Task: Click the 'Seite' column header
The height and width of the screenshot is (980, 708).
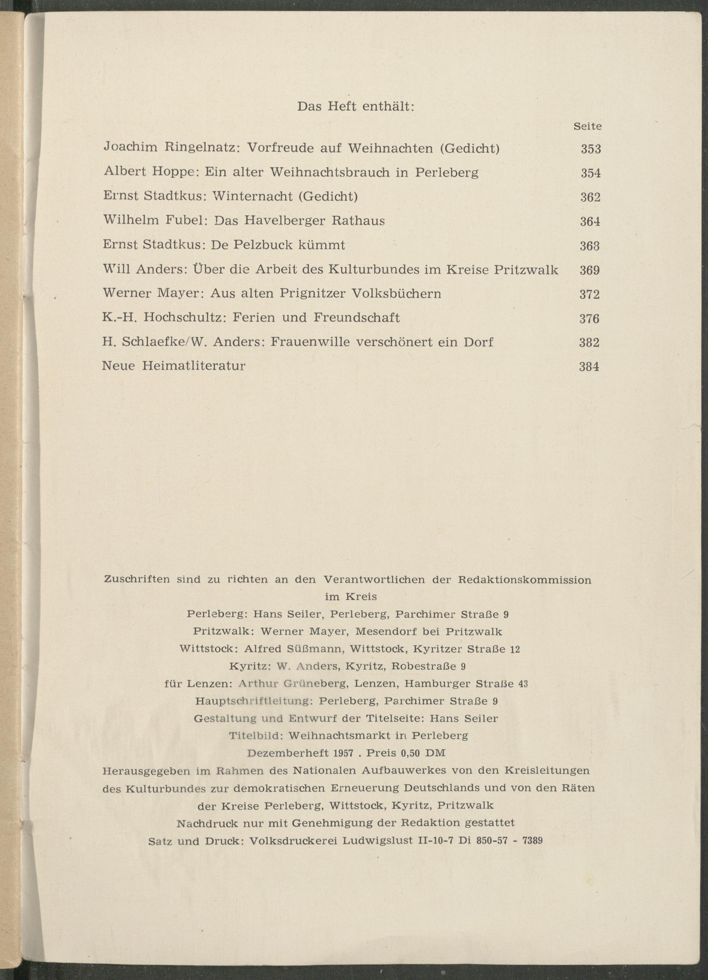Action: (587, 127)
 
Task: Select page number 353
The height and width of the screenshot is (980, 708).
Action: (591, 149)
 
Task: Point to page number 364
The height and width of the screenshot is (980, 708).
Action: (590, 222)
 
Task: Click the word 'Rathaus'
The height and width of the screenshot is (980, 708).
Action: (358, 221)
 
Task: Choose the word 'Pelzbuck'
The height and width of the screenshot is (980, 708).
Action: (264, 245)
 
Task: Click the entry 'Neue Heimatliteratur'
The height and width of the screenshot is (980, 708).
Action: (174, 366)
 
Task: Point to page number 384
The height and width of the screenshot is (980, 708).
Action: (589, 367)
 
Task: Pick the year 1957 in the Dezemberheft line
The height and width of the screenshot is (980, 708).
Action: (344, 753)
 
